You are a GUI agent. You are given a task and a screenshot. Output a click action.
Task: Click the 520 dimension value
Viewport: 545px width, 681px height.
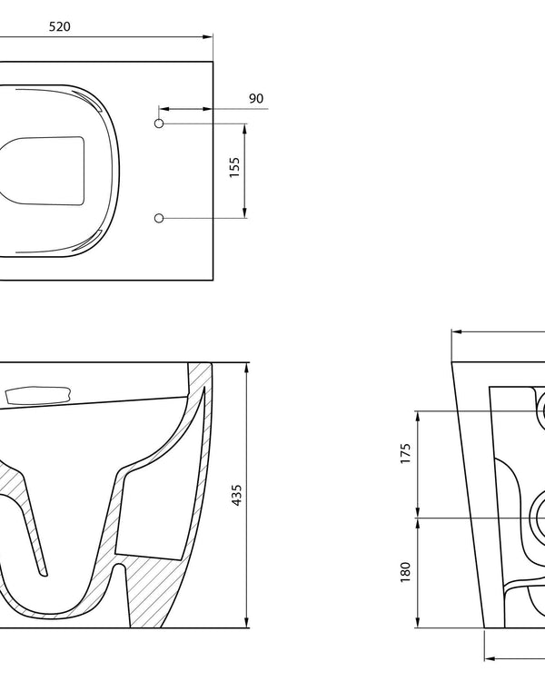pyautogui.click(x=59, y=26)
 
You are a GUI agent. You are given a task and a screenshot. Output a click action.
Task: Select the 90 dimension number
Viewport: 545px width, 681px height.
pyautogui.click(x=256, y=98)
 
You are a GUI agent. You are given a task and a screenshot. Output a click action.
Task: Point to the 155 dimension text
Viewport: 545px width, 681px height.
pyautogui.click(x=234, y=169)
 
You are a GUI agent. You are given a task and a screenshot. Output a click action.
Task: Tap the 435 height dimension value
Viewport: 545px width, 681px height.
pyautogui.click(x=237, y=495)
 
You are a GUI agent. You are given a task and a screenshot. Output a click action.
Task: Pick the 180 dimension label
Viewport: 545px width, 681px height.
pyautogui.click(x=406, y=571)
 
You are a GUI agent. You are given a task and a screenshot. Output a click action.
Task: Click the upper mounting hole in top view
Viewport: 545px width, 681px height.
pyautogui.click(x=159, y=122)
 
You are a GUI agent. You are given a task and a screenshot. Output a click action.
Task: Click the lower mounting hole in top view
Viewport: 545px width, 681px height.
pyautogui.click(x=159, y=218)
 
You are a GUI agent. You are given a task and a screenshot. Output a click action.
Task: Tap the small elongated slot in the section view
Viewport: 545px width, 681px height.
pyautogui.click(x=36, y=395)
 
